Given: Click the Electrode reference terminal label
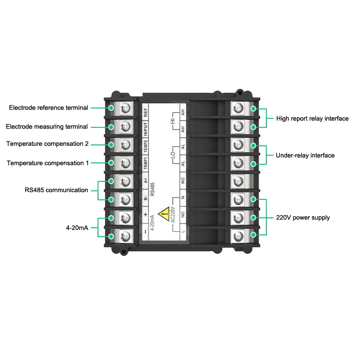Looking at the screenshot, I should coord(49,108).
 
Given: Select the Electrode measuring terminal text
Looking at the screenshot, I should coord(47,127).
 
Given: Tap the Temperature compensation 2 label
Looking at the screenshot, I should coord(47,144).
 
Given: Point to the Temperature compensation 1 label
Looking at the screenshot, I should coord(48,163).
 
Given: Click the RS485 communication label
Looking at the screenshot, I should coord(56,190).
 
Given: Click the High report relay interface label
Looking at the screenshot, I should coord(312,119).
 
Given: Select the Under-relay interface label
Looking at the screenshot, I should coord(305,156).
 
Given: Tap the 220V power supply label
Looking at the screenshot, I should coord(303,218).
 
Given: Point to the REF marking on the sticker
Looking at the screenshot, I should coord(145,113).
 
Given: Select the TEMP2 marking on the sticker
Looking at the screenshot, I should coord(145,146).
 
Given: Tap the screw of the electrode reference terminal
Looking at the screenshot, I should coord(126,108).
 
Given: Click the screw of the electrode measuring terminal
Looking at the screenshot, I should coord(126,126).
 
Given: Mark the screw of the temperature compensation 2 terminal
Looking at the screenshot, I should coord(126,144).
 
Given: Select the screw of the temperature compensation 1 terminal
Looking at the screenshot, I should coord(126,162).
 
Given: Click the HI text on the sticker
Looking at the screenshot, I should coord(171,122).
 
